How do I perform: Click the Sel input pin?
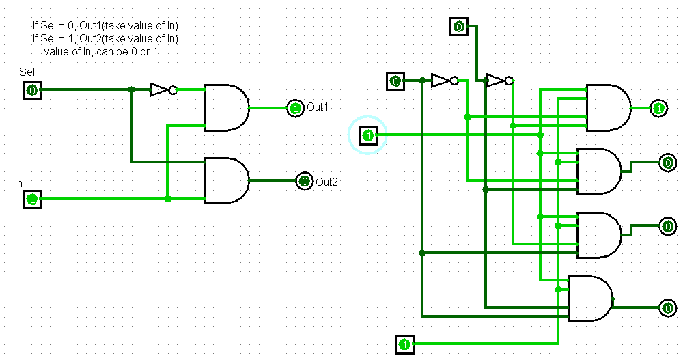[x=31, y=89]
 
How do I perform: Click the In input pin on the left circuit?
[x=31, y=199]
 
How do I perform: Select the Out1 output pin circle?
[x=295, y=108]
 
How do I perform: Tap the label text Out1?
[x=318, y=108]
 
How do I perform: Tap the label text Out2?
[x=327, y=182]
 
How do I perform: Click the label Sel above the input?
[x=27, y=72]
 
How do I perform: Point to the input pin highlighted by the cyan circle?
[x=368, y=135]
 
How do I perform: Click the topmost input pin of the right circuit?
[x=459, y=27]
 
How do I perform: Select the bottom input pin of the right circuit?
[x=404, y=343]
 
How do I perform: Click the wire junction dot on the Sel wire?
[x=131, y=89]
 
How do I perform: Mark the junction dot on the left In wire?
[x=167, y=199]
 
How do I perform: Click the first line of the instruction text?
[x=106, y=25]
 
